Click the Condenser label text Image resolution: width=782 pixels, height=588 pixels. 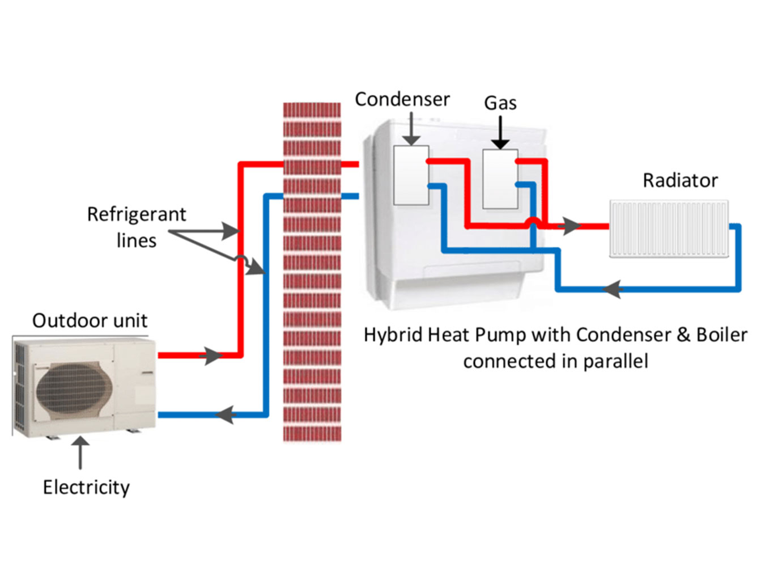coord(402,99)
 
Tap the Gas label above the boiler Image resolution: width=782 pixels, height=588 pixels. coord(500,103)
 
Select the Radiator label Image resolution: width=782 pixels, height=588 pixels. coord(680,180)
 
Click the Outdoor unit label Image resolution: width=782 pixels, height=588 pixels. coord(90,320)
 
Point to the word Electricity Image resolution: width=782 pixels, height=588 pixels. coord(86,487)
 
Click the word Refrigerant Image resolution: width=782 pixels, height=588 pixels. coord(136,214)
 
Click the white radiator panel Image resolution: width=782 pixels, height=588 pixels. coord(669,229)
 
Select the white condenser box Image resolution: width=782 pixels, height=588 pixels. coord(411,175)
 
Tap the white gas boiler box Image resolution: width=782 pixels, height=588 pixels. coord(500,179)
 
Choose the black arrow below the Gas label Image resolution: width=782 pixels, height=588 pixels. coord(500,133)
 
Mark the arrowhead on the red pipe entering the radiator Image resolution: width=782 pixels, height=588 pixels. coord(569,226)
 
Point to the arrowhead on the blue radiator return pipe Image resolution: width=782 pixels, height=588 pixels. coord(612,289)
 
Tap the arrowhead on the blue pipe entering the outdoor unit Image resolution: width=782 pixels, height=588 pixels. coord(226,414)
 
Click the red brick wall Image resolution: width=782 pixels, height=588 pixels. coord(312,272)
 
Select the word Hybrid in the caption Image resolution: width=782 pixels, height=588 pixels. coord(393,335)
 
